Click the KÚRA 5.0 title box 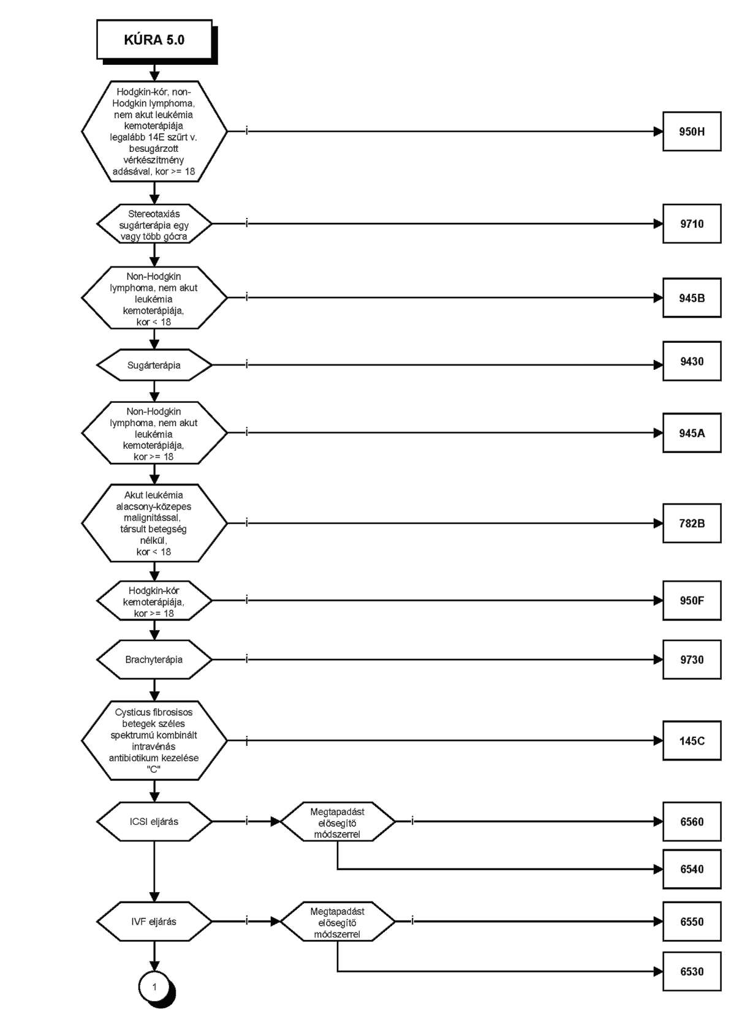click(154, 40)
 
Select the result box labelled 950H click(691, 132)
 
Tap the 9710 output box click(691, 224)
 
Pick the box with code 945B click(691, 298)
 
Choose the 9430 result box click(691, 361)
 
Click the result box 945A click(691, 433)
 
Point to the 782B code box click(691, 524)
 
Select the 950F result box click(691, 601)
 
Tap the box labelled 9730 click(691, 660)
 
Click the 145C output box click(691, 741)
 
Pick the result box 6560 click(691, 822)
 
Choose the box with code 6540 click(691, 869)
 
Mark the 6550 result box click(691, 922)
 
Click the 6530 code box click(691, 972)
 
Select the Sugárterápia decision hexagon click(154, 365)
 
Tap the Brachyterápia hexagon click(154, 660)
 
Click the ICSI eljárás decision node click(154, 822)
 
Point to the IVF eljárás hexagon click(154, 922)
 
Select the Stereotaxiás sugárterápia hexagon click(154, 224)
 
